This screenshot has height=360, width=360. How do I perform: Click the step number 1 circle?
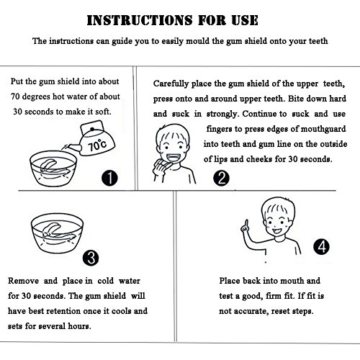(x=109, y=178)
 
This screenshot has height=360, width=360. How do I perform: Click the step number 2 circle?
(x=221, y=178)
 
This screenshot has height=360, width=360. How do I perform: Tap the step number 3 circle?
(x=91, y=258)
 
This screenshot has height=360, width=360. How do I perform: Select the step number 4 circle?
(x=322, y=247)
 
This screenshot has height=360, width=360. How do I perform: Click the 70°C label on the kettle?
(x=97, y=145)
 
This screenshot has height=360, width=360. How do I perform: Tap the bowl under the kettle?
(x=53, y=168)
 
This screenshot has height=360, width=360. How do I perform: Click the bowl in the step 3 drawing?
(x=57, y=233)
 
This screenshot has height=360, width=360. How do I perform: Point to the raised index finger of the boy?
(x=246, y=224)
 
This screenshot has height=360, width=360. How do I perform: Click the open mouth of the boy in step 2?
(x=172, y=158)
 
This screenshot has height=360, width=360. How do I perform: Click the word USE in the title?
(x=245, y=20)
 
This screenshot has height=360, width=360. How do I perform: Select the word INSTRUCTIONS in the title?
(x=140, y=20)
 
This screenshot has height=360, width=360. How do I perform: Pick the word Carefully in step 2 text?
(x=171, y=84)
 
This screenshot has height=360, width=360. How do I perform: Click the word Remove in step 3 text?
(x=23, y=281)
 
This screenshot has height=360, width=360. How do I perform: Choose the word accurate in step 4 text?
(x=251, y=311)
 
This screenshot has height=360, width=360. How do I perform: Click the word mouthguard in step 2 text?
(x=323, y=129)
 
